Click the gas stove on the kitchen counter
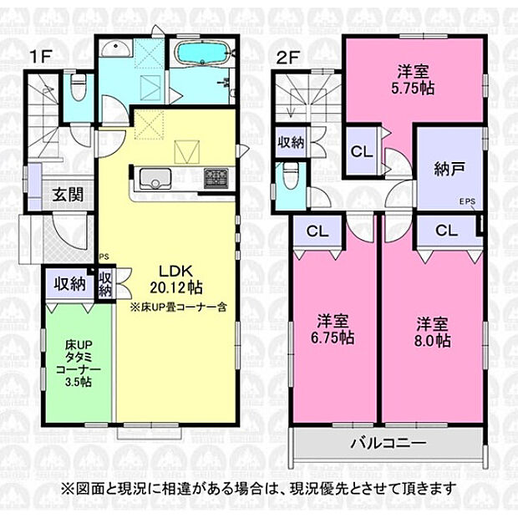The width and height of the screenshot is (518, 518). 214,178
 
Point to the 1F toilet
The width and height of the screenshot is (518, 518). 78,85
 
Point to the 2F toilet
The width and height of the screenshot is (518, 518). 290,178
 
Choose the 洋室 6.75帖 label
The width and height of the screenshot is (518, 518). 335,329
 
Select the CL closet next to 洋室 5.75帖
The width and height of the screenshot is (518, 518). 361,152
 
